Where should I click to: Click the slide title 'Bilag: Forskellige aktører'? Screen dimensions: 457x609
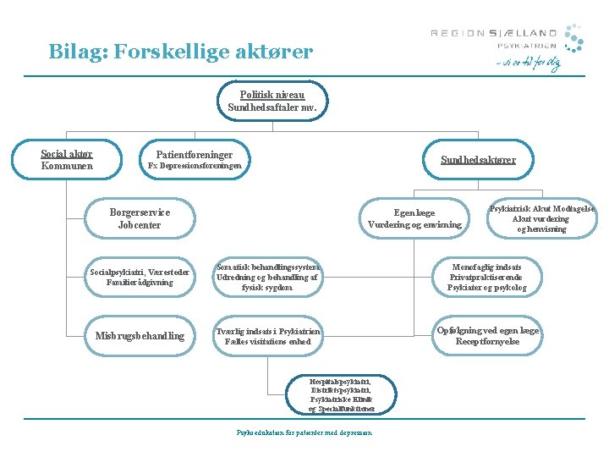coord(180,52)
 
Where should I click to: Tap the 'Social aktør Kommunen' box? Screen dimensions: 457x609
coord(67,160)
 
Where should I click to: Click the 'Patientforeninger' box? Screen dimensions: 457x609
coord(195,160)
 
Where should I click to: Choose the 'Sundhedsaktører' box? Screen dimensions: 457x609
coord(478,160)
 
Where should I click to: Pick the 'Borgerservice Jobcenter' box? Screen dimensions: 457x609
coord(140,218)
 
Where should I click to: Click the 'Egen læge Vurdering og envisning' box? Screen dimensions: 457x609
coord(414,219)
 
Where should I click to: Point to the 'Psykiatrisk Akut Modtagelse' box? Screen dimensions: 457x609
coord(542,218)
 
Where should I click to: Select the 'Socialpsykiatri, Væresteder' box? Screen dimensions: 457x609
coord(131,277)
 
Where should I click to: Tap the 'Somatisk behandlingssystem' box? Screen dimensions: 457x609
coord(266,277)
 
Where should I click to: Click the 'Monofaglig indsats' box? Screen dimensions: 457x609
coord(486,277)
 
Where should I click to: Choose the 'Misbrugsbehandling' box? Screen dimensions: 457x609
coord(140,336)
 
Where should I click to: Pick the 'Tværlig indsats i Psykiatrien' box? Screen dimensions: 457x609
coord(267,336)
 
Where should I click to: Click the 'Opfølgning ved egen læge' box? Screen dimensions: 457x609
coord(486,336)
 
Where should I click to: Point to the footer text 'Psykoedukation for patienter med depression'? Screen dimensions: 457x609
coord(304,433)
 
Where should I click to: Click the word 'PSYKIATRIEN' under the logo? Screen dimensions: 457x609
coord(527,47)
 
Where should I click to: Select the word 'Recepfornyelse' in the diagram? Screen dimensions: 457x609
coord(486,342)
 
